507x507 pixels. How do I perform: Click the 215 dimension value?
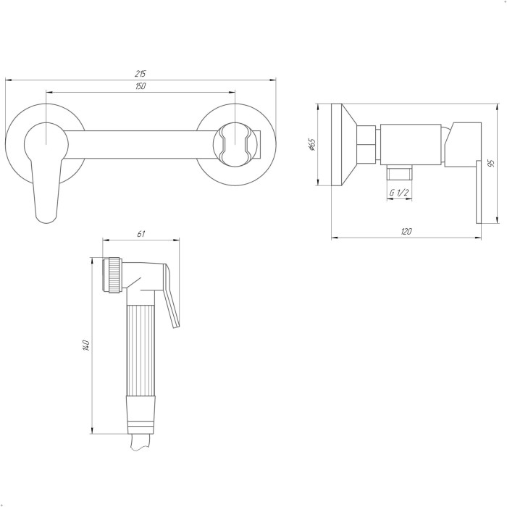141,73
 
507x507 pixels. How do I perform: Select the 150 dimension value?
141,86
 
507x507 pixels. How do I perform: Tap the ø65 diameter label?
311,145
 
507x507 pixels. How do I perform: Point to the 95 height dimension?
492,163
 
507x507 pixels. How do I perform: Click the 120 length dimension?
406,232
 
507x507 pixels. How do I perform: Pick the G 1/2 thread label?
399,193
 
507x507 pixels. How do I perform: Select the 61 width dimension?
141,233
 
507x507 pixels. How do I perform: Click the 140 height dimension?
85,345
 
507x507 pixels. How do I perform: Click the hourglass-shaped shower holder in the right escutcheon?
235,145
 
